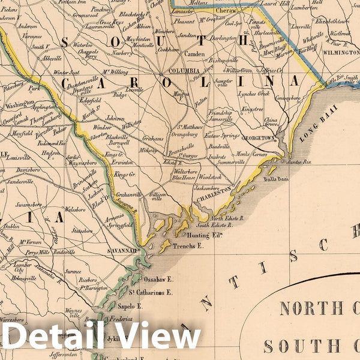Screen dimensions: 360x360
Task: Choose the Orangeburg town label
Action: [x=184, y=134]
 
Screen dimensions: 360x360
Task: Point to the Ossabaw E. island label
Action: [x=161, y=280]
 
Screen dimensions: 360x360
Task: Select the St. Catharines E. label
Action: [x=150, y=292]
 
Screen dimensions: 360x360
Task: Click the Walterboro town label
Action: [x=187, y=170]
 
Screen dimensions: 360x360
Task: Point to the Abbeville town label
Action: [x=53, y=59]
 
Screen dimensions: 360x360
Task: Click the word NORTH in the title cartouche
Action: [x=315, y=309]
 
